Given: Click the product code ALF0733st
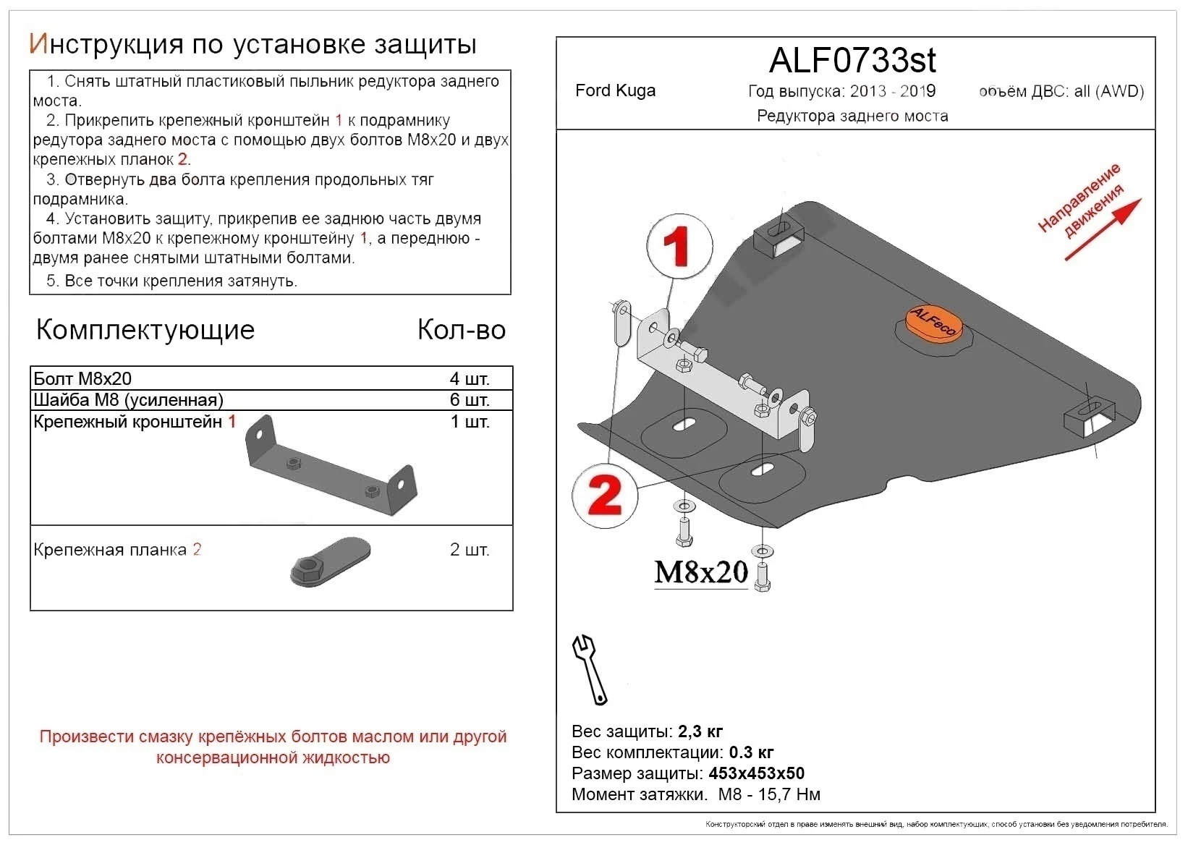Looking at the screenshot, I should [x=852, y=60].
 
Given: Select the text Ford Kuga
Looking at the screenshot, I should [x=615, y=90].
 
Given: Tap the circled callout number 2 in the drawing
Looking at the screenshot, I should [x=605, y=496].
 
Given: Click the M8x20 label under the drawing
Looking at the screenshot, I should [x=700, y=572].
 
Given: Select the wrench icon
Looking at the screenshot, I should [x=590, y=669].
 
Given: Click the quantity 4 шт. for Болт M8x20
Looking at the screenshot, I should [x=469, y=378].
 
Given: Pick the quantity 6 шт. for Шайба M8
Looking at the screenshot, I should [x=469, y=399].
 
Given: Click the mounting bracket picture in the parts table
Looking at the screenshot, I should [x=331, y=467].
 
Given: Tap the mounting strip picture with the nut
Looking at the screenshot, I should [x=330, y=561].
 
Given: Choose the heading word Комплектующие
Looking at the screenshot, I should [x=145, y=330].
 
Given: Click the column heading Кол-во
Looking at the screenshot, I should [x=461, y=330].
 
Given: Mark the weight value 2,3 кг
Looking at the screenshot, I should [x=700, y=731].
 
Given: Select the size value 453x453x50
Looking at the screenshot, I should [x=756, y=773].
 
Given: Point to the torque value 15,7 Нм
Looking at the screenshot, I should [x=789, y=794].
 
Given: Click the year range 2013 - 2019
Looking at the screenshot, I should [x=892, y=91].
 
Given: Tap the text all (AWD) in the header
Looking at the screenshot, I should [x=1108, y=91].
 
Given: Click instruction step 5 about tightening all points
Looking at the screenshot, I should [x=172, y=281].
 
